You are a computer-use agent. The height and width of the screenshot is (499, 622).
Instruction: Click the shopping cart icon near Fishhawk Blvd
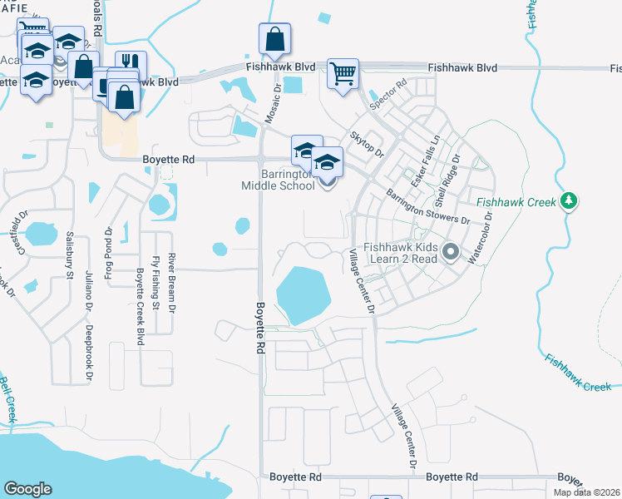[343, 72]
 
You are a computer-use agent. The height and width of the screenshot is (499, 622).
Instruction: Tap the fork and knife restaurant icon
[131, 64]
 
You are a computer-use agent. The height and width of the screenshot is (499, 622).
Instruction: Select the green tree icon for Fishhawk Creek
[569, 200]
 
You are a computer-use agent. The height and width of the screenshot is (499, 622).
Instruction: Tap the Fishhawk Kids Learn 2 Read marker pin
[451, 250]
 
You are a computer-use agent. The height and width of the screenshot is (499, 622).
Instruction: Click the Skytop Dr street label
[367, 144]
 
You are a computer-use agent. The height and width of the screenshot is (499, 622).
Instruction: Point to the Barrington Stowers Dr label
[427, 208]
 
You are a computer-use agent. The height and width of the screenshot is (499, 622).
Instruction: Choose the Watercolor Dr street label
[481, 237]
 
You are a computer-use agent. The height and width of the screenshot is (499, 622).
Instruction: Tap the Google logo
[27, 489]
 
